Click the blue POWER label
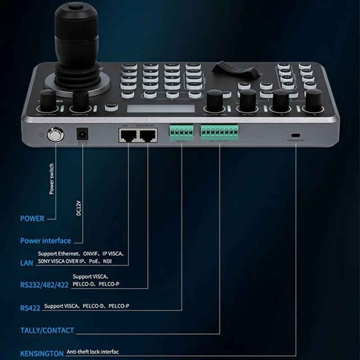click(32, 219)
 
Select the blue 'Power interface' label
click(45, 241)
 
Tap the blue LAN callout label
click(27, 262)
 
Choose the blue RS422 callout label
click(30, 308)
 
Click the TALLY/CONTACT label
click(47, 330)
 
